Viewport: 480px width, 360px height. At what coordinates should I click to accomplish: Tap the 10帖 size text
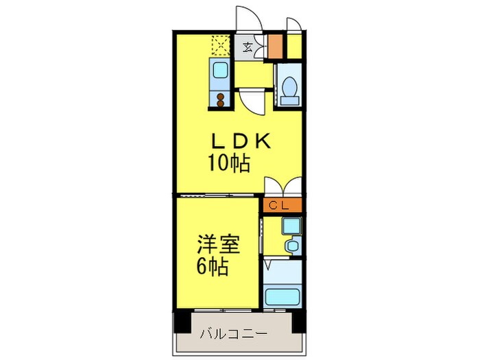(229, 163)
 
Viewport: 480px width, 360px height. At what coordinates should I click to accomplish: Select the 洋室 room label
(217, 244)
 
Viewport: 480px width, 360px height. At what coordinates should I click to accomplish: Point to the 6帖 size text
(212, 266)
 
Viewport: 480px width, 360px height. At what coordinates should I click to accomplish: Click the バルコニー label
(234, 333)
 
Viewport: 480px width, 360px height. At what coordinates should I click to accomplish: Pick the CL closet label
(278, 206)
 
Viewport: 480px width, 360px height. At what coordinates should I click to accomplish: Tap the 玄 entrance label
(248, 47)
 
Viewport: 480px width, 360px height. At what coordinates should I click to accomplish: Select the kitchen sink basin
(220, 70)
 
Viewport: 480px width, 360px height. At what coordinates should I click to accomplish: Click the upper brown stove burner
(220, 97)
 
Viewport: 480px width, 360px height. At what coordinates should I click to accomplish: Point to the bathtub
(283, 296)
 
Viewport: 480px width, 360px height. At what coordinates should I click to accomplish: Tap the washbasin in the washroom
(292, 245)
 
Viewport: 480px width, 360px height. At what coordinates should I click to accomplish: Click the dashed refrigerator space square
(220, 45)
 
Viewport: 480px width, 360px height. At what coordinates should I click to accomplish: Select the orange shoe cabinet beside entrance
(275, 46)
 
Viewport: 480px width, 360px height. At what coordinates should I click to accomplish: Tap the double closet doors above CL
(283, 187)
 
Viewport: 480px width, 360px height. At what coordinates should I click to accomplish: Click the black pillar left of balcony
(182, 322)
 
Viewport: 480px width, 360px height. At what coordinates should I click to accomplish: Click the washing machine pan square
(291, 226)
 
